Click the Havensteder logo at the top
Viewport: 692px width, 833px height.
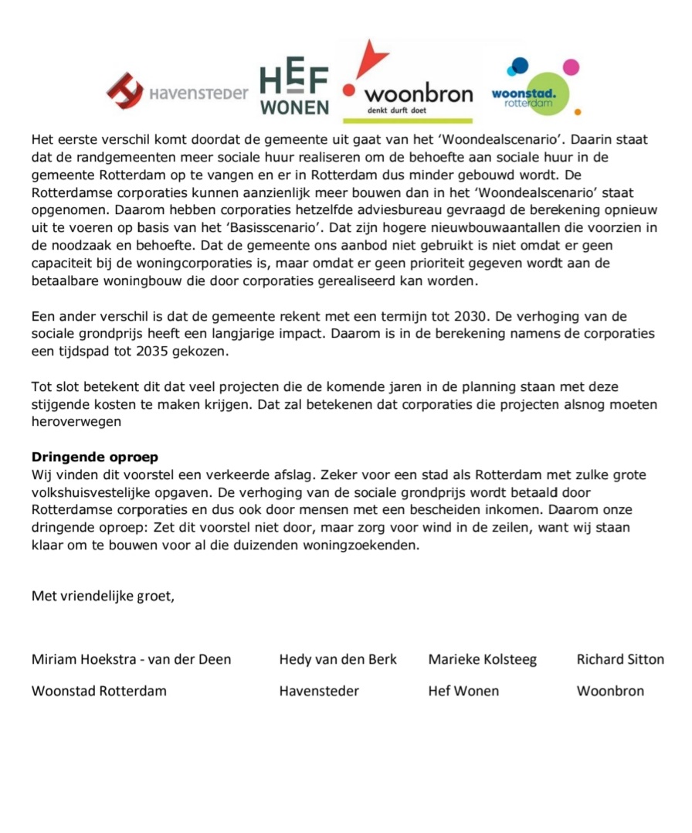coord(178,92)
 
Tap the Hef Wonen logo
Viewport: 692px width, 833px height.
coord(294,89)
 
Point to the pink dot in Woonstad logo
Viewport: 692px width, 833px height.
coord(571,67)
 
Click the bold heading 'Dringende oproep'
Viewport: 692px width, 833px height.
coord(94,457)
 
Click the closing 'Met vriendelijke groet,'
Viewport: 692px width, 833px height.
coord(103,596)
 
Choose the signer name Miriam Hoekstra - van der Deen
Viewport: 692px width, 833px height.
coord(131,659)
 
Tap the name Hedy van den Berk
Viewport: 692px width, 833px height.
coord(338,659)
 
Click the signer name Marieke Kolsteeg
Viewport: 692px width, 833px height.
coord(482,659)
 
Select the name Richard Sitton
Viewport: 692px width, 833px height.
coord(620,659)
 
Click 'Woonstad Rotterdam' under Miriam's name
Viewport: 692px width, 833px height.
coord(99,691)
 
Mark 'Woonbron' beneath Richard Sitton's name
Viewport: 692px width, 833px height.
coord(610,691)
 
